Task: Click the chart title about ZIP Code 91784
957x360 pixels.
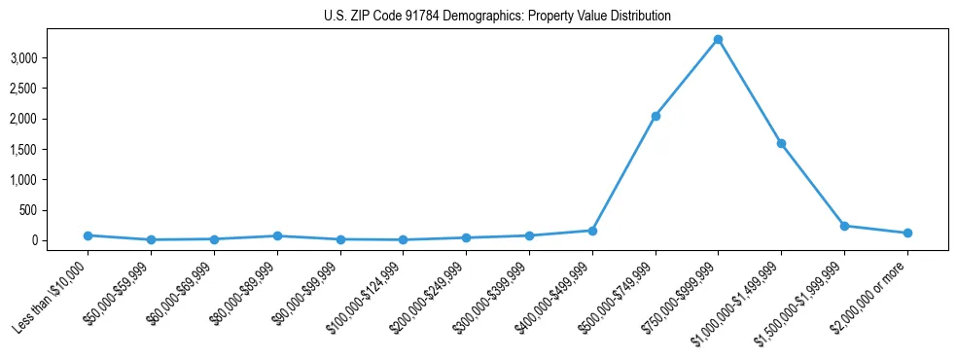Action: [497, 17]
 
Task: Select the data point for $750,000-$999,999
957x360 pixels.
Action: [718, 40]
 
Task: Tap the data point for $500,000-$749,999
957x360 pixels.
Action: [656, 116]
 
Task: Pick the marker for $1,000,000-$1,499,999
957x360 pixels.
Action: [781, 143]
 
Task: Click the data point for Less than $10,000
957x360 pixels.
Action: [88, 235]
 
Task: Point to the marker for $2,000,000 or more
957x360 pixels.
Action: [907, 233]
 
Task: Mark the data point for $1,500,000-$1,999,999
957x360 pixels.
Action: [844, 226]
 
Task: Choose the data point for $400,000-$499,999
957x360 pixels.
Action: [592, 231]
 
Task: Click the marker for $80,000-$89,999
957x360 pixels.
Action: [277, 235]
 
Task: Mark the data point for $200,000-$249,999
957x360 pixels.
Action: [466, 237]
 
